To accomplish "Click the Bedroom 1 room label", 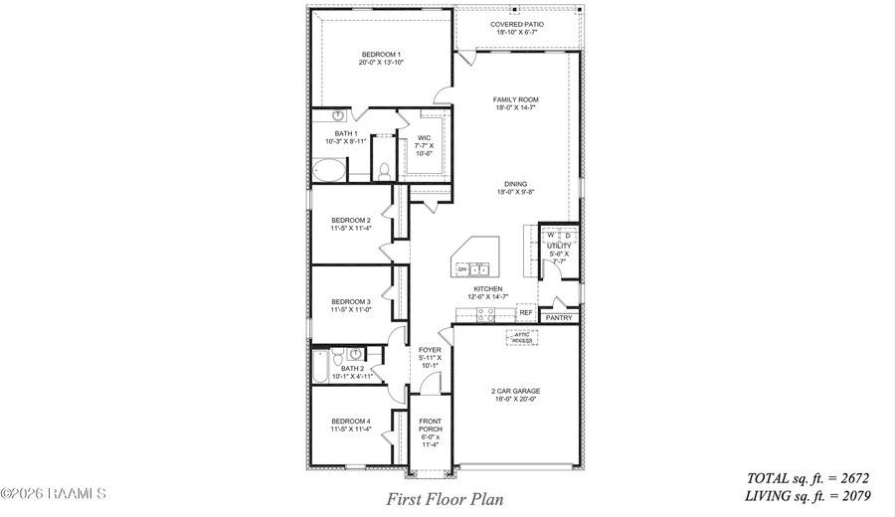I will click(381, 58).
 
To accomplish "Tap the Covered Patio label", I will click(515, 28).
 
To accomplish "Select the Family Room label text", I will click(515, 103).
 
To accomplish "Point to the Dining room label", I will click(515, 187).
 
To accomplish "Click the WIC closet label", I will click(425, 145).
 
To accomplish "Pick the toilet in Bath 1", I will click(382, 170).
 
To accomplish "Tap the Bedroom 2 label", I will click(351, 224).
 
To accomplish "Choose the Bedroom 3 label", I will click(351, 305).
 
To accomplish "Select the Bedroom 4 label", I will click(351, 426).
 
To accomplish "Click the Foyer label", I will click(430, 357).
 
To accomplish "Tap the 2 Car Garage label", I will click(515, 395).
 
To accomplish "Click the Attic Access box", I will click(522, 337).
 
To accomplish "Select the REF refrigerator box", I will click(525, 312).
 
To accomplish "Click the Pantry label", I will click(559, 318).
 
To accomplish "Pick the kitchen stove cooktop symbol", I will click(485, 314).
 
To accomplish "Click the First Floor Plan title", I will click(445, 499).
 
